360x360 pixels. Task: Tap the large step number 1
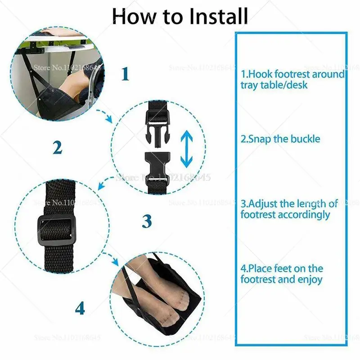(x=126, y=74)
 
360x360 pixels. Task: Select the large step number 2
(x=58, y=147)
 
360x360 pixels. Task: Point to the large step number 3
(x=147, y=221)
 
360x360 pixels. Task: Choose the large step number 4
(x=80, y=308)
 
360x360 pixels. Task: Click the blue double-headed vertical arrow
(x=186, y=149)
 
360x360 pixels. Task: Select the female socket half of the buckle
(x=157, y=167)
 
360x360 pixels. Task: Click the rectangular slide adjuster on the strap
(x=57, y=230)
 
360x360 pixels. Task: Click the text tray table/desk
(x=274, y=85)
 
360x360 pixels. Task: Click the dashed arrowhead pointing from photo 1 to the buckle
(x=108, y=119)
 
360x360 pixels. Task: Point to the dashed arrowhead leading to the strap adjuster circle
(x=101, y=185)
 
